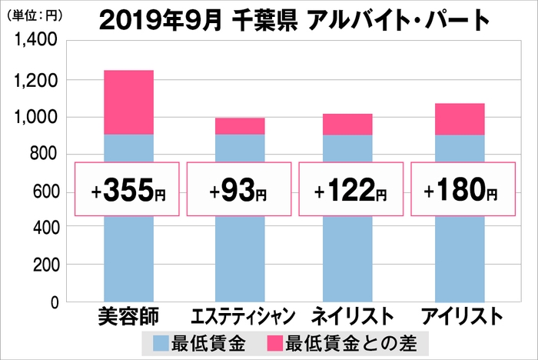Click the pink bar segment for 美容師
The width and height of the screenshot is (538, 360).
128,102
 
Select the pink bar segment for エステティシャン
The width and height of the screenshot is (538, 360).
240,126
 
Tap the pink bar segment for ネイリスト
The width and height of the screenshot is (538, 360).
348,124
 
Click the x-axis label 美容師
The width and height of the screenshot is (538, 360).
128,316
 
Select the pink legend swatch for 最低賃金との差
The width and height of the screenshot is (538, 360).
279,340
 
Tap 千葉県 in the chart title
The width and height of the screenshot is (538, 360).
268,18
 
